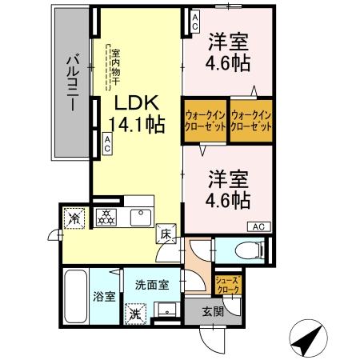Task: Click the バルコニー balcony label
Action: [72, 85]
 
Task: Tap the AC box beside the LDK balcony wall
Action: [107, 144]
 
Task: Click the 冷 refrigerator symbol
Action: [74, 217]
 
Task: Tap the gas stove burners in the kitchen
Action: [106, 216]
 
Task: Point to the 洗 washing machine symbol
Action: [137, 312]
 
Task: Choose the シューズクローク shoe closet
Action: [226, 284]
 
